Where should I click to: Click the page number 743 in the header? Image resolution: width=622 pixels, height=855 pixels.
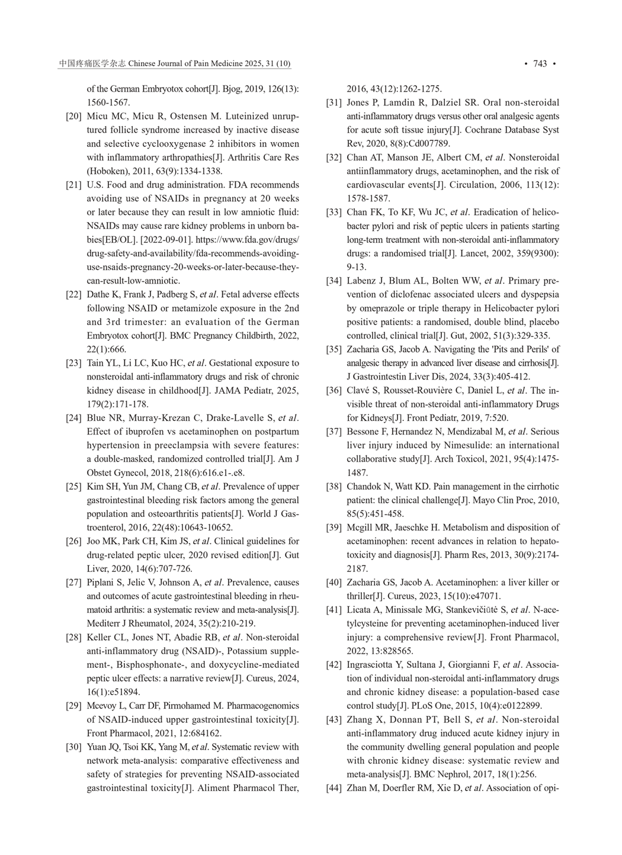[540, 64]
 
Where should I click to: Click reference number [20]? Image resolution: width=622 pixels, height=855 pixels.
[73, 117]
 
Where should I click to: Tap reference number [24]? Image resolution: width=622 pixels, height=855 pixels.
[73, 418]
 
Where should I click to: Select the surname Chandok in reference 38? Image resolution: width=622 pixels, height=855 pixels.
[364, 487]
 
